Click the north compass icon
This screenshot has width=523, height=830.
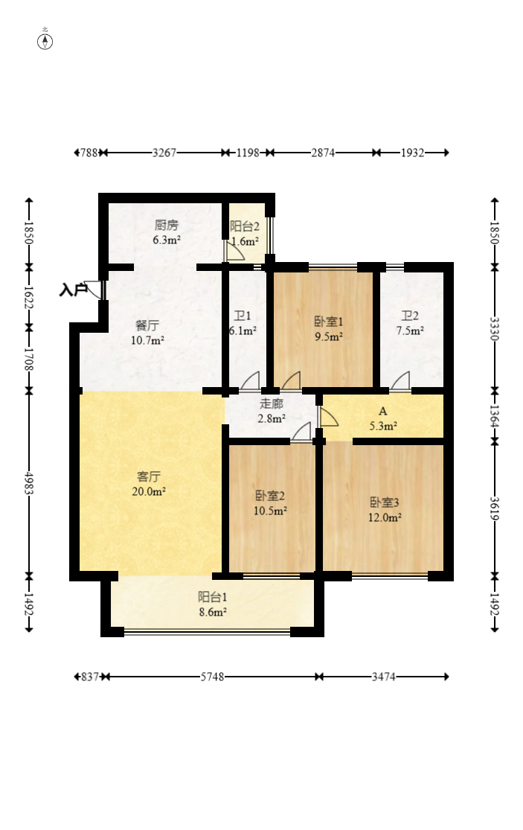pos(45,40)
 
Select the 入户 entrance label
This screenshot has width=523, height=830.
pos(74,290)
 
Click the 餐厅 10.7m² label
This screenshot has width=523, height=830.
pos(147,333)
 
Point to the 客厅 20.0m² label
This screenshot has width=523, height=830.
pos(149,483)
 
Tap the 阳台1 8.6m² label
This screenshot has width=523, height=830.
pos(212,604)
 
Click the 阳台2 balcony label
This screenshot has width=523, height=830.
pos(244,233)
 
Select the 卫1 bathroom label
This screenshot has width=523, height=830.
pos(243,322)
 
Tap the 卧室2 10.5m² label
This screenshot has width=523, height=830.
pos(271,502)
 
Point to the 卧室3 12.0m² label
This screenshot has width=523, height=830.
pos(385,509)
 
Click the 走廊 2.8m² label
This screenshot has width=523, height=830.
pos(272,411)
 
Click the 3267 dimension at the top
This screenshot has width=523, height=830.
pos(164,153)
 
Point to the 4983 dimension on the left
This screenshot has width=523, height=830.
pos(29,482)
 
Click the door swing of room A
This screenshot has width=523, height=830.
pos(328,417)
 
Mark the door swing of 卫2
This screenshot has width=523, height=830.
pos(400,380)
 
